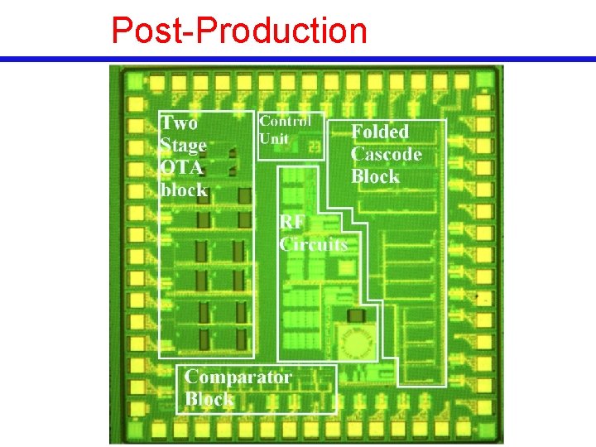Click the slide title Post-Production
coord(239,31)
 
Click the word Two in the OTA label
coord(180,123)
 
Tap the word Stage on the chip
coord(183,146)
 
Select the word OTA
coord(180,168)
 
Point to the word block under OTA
coord(184,190)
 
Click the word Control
coord(286,121)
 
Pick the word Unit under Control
coord(274,138)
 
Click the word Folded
coord(380,132)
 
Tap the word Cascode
coord(386,154)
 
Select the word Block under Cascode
coord(375,176)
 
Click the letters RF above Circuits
coord(291,222)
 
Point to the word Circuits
coord(314,244)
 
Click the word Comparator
coord(238,377)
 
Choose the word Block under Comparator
coord(209,399)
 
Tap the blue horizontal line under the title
coord(298,60)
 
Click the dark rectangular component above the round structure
coord(356,315)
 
